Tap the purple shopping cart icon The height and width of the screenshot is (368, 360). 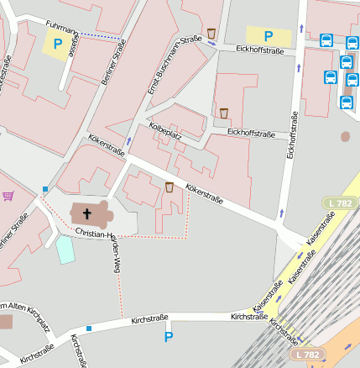coord(8,196)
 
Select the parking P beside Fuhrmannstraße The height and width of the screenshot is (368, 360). coord(58,43)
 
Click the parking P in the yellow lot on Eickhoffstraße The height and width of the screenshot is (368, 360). coord(269,36)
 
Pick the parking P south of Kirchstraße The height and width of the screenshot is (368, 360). coord(168,337)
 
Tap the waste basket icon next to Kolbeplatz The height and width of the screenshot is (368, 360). coord(224,113)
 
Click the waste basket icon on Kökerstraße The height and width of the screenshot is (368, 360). coord(170,187)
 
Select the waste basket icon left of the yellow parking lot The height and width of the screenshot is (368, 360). coord(212,34)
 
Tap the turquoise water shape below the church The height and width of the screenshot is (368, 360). coord(65,250)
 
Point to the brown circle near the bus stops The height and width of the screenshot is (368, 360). coord(345,136)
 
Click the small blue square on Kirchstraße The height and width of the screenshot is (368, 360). coord(87,328)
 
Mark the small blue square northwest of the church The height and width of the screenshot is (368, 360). coord(44,189)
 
